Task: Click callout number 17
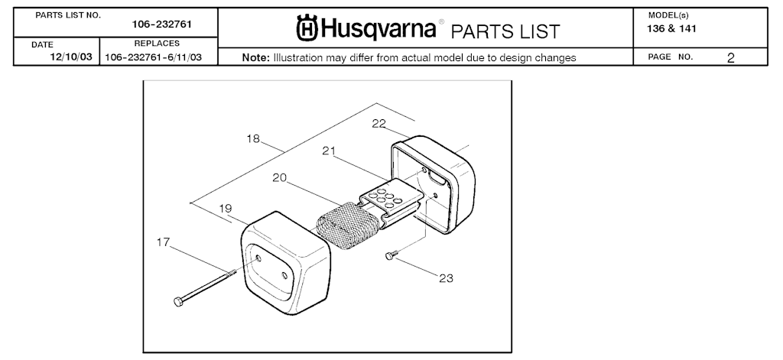coord(163,242)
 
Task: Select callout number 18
coord(253,139)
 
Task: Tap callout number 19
coord(226,208)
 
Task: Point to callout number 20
coord(280,177)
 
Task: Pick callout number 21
coord(329,151)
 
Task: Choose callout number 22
coord(379,123)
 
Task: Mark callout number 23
coord(446,278)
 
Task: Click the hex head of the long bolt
coord(178,301)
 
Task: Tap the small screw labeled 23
coord(391,255)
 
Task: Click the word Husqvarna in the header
coord(379,28)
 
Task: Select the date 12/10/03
coord(71,57)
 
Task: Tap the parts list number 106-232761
coord(162,24)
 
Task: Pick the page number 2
coord(730,58)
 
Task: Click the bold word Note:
coord(255,57)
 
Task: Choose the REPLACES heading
coord(157,44)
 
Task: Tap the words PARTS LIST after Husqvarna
coord(505,32)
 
